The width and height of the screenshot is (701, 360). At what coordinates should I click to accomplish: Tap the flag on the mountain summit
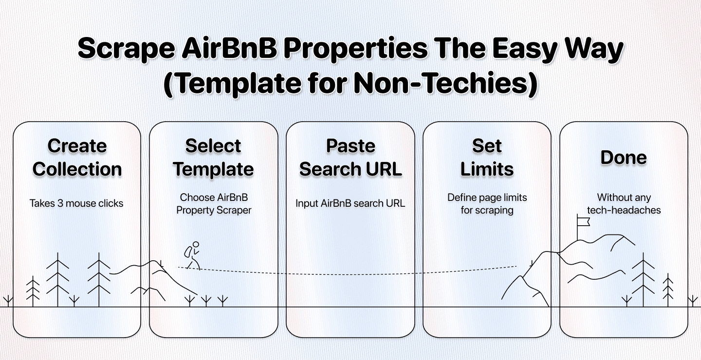click(583, 222)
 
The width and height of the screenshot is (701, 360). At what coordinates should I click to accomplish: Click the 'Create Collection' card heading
click(77, 157)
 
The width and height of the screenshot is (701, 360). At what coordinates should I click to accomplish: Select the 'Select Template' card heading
click(213, 157)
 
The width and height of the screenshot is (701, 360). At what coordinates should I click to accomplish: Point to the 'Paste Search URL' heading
click(350, 157)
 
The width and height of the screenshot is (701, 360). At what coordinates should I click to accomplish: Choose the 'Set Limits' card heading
click(487, 157)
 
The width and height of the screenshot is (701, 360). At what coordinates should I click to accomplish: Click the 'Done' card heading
click(624, 158)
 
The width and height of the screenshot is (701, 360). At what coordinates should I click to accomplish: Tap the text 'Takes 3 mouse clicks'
click(76, 203)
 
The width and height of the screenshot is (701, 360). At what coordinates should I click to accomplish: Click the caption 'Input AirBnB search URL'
click(350, 203)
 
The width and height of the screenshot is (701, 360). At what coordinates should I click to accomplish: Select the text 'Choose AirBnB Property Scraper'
click(213, 204)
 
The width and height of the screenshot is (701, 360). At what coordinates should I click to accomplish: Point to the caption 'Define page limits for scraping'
click(487, 204)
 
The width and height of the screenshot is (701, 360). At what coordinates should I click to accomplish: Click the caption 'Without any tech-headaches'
click(624, 204)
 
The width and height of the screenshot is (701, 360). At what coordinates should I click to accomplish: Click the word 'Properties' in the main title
click(341, 50)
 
